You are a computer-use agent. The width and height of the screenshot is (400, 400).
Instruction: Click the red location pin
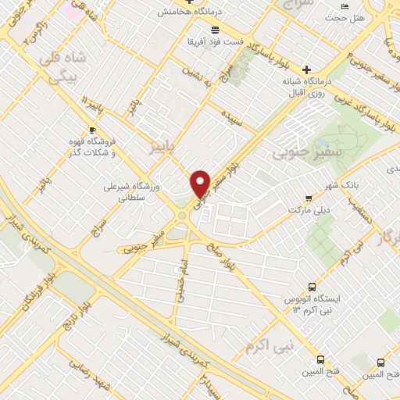click(x=201, y=184)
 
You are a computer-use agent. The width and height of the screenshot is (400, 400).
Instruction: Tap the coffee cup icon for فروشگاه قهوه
click(x=94, y=130)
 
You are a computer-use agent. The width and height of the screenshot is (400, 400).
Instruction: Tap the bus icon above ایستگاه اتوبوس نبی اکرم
click(x=312, y=287)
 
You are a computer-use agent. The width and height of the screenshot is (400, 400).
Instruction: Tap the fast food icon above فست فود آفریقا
click(x=203, y=30)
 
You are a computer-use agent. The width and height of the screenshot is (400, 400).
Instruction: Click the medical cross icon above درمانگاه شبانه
click(x=307, y=69)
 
